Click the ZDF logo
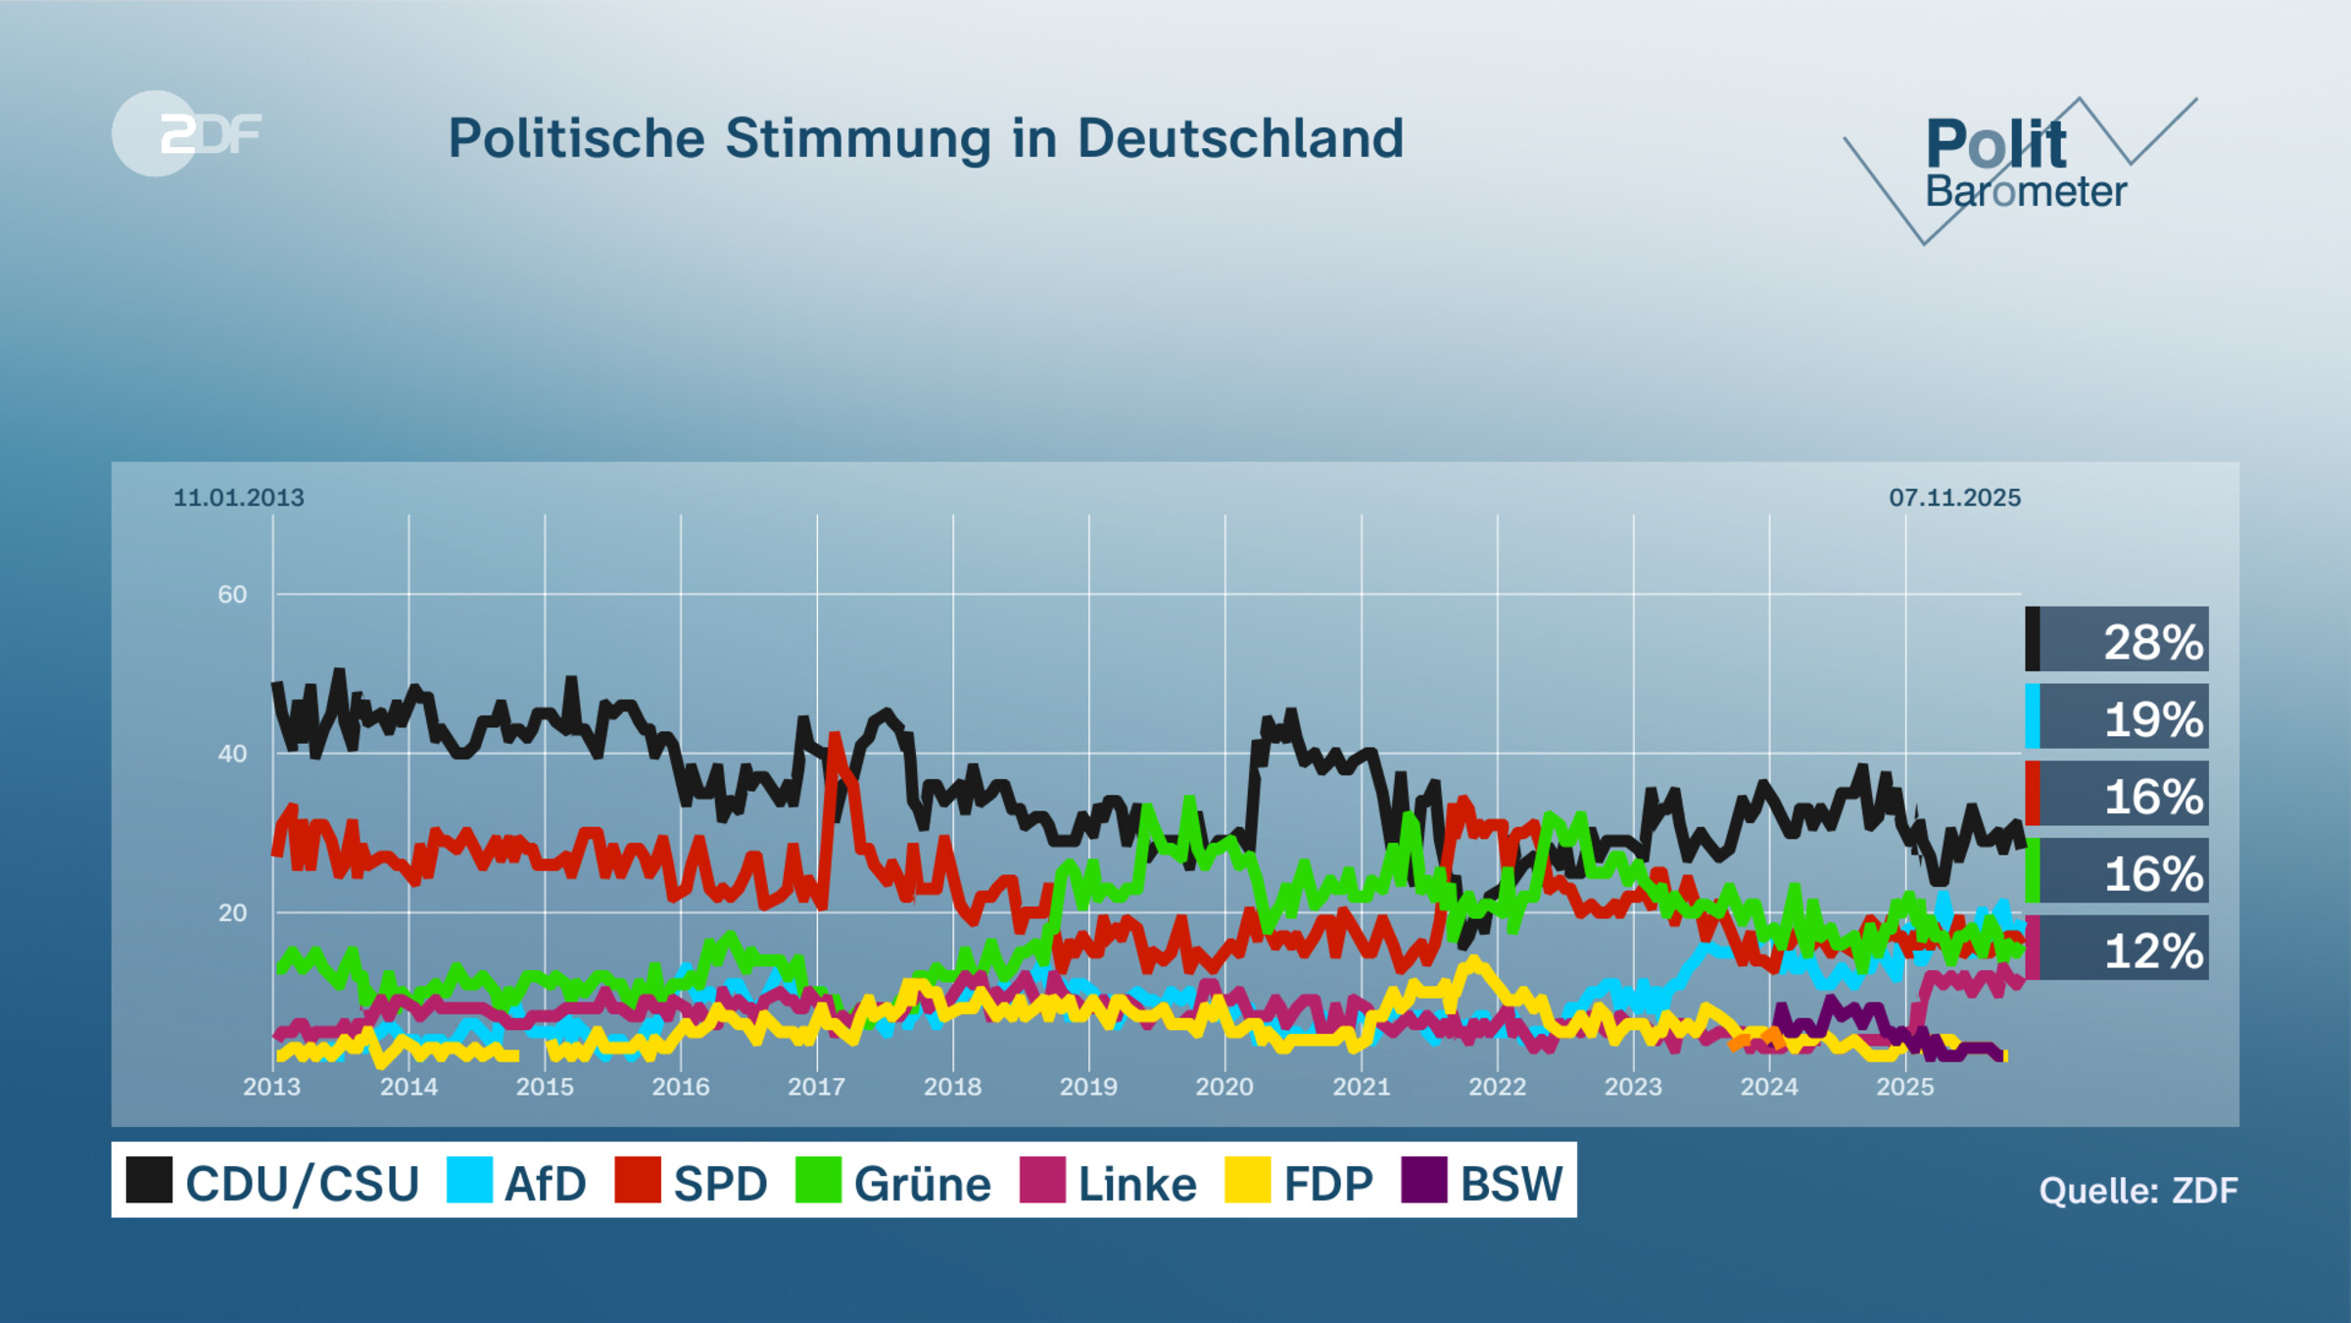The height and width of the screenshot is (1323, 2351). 186,133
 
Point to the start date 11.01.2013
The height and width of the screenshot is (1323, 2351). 238,498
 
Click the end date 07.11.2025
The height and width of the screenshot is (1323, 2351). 1954,498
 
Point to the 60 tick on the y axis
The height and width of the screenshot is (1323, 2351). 232,595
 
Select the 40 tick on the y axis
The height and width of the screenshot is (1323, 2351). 232,754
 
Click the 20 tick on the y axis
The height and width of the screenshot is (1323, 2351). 232,913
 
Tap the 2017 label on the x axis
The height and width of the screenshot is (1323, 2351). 816,1087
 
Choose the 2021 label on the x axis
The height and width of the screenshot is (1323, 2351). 1361,1087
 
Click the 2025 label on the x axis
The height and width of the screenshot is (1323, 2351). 1904,1087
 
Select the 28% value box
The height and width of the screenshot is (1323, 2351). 2117,640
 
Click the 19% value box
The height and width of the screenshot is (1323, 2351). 2117,717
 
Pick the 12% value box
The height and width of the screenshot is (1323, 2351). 2117,949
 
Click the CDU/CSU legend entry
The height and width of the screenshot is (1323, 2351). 273,1182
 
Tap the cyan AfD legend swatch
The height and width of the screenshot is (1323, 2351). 469,1180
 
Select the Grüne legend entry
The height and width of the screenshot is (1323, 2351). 893,1182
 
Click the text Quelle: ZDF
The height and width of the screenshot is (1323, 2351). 2137,1191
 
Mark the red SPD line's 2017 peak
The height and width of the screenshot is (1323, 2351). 835,736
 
